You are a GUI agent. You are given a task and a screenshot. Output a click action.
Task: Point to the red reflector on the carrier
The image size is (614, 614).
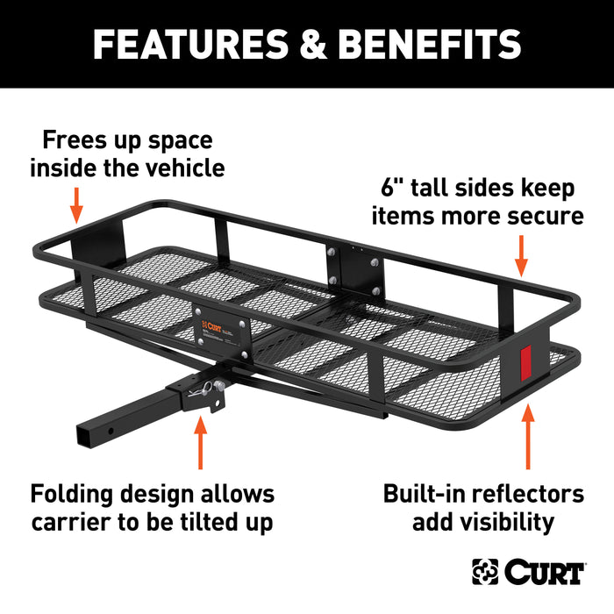tap(527, 361)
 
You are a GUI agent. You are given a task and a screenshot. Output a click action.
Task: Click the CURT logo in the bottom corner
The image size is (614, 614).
tap(528, 572)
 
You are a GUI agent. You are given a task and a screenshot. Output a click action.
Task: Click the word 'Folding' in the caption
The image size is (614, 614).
tap(79, 494)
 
